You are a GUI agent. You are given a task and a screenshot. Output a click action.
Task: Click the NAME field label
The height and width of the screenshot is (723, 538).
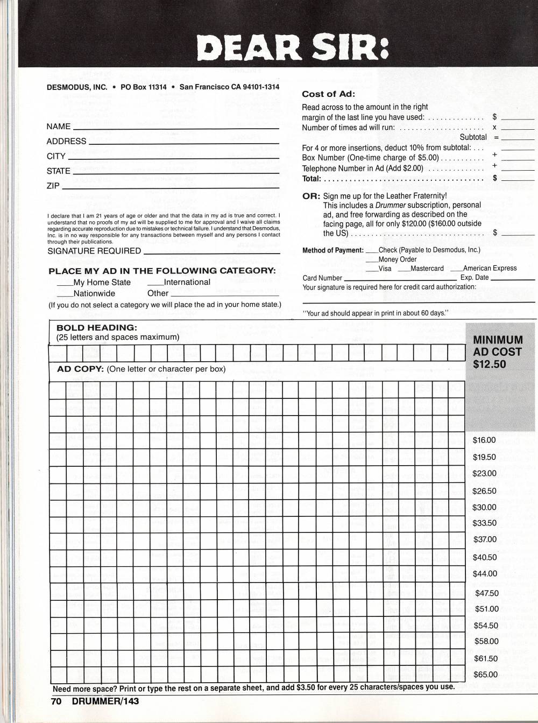(59, 127)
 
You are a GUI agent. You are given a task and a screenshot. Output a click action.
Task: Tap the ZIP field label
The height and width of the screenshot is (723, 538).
(53, 186)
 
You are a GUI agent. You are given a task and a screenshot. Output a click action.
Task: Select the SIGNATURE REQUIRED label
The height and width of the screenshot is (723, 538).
(94, 251)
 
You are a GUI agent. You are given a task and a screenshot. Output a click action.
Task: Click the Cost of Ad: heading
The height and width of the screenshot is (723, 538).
(328, 94)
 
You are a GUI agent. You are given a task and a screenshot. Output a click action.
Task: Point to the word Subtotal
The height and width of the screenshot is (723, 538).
(473, 137)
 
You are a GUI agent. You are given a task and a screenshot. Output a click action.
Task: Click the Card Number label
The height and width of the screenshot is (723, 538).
(322, 278)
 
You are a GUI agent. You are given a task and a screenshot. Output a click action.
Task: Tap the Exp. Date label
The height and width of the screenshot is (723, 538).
(475, 278)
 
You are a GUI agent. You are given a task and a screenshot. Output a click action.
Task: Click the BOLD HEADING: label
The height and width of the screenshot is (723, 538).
(97, 327)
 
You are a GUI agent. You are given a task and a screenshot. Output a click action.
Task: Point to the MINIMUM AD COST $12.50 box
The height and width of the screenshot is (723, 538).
(498, 352)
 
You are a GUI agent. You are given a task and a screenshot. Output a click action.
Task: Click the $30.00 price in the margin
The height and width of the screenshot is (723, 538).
(484, 507)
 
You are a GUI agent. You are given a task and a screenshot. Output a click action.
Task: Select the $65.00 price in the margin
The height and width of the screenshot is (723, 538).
(485, 675)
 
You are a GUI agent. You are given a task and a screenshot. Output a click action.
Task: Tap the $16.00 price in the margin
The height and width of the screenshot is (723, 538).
(484, 440)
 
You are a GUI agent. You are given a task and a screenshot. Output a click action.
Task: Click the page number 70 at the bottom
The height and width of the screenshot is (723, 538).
(56, 701)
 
